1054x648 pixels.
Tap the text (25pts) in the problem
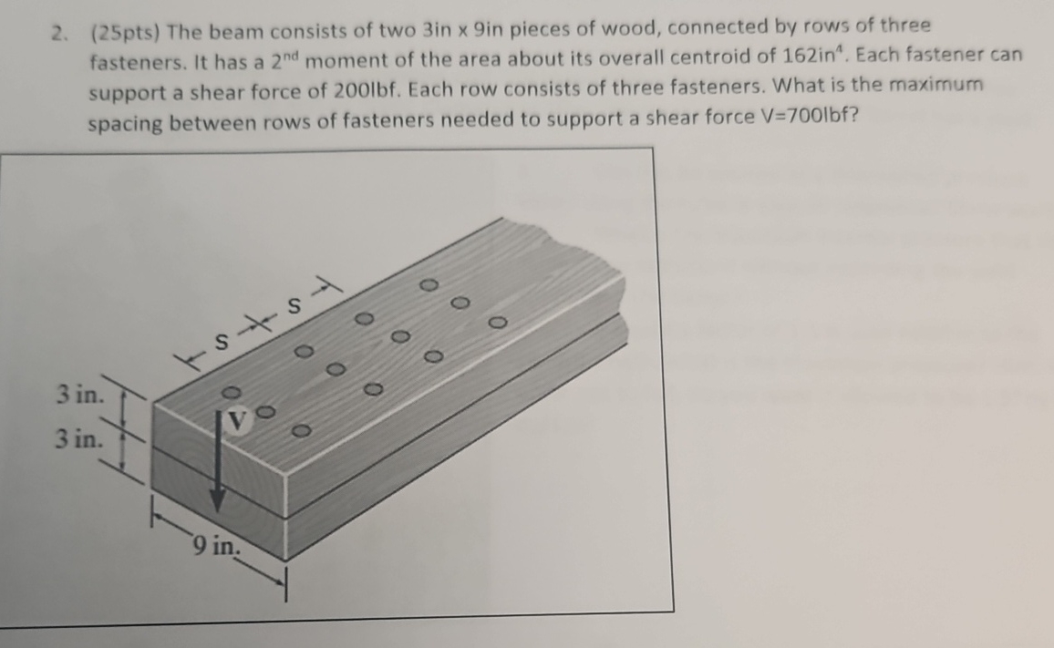coord(126,34)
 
